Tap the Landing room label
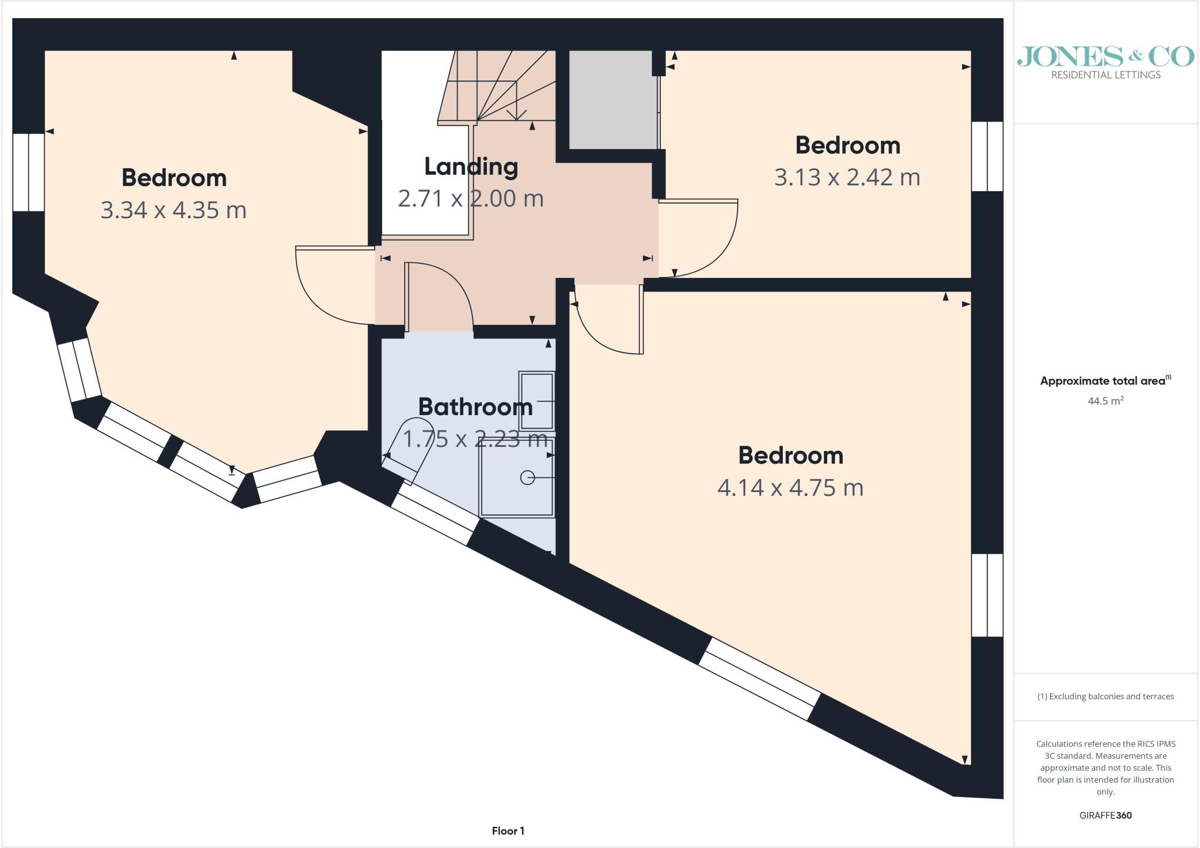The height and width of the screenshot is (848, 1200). click(471, 167)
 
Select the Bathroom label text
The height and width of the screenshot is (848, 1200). click(475, 406)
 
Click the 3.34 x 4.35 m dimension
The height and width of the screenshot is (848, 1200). click(173, 210)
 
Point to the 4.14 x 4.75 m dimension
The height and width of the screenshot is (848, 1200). click(790, 487)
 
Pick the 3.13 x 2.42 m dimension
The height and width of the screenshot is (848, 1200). click(847, 177)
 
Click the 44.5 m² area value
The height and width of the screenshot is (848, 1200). click(1106, 402)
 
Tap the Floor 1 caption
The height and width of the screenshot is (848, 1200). click(508, 831)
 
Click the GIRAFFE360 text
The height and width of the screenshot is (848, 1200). click(1106, 815)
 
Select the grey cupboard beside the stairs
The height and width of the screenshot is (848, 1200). click(613, 100)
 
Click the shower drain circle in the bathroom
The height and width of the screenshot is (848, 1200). click(527, 478)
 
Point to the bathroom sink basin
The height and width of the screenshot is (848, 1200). click(536, 401)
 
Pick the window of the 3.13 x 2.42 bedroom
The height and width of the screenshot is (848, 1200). click(987, 157)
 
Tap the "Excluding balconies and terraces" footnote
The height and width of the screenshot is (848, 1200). click(1106, 697)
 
